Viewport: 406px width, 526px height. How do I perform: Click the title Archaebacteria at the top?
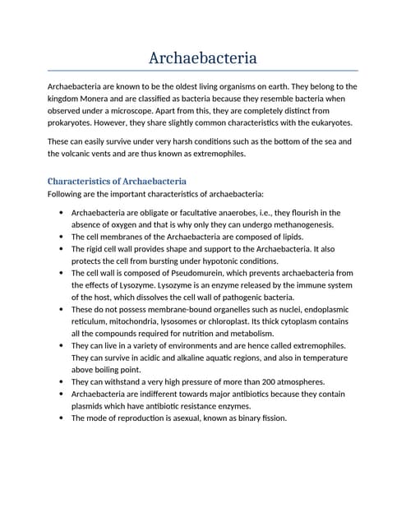pos(202,58)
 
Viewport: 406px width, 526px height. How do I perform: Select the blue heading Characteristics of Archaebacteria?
pos(117,181)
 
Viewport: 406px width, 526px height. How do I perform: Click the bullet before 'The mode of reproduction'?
pos(62,418)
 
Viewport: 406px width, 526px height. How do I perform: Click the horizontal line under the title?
pos(202,72)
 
